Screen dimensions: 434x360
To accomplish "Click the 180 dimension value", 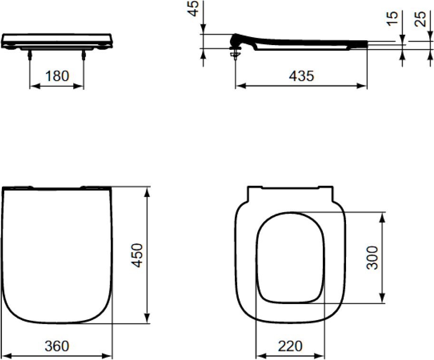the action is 57,76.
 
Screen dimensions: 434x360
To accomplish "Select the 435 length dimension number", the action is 301,76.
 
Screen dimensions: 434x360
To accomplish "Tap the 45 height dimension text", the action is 194,8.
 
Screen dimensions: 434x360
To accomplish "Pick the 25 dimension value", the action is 420,19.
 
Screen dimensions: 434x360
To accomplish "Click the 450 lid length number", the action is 137,255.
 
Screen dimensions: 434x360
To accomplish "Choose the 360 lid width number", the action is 57,346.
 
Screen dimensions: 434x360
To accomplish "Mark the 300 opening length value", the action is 372,257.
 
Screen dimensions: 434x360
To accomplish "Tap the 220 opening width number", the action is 290,346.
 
